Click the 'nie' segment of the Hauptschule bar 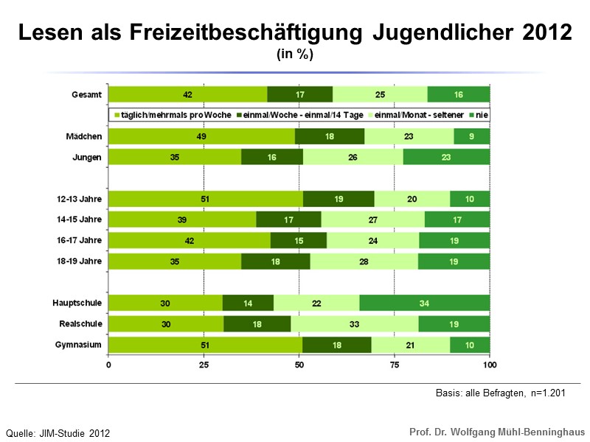(x=425, y=302)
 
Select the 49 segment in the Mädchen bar (x=201, y=136)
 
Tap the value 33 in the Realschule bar (x=354, y=323)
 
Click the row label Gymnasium (x=80, y=344)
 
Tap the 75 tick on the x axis (x=394, y=365)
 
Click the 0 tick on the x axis (x=109, y=365)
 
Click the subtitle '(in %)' (x=295, y=55)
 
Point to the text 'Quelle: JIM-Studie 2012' (x=58, y=433)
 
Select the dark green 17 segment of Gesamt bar (x=299, y=94)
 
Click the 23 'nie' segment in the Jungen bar (x=446, y=157)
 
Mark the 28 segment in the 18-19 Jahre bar (x=364, y=261)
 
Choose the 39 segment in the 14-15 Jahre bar (x=182, y=220)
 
